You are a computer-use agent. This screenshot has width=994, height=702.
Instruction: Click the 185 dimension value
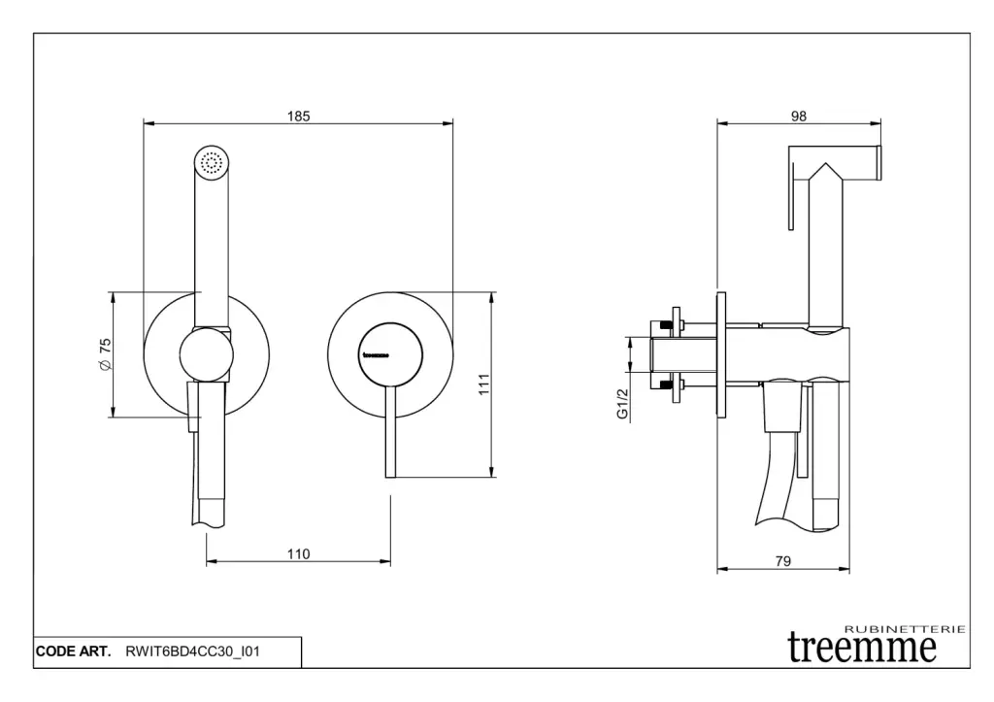(x=298, y=117)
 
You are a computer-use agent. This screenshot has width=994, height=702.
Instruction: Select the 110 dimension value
(x=298, y=554)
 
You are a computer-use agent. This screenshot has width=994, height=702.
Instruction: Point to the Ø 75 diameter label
(x=105, y=354)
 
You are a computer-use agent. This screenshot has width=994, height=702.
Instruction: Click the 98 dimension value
(x=799, y=117)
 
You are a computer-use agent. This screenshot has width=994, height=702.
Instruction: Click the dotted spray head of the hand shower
(x=212, y=162)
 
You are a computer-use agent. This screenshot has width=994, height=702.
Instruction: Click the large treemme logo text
(x=862, y=645)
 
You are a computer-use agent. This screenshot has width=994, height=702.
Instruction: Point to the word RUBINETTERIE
(x=906, y=629)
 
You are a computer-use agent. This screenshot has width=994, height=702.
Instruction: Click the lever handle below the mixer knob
(x=389, y=437)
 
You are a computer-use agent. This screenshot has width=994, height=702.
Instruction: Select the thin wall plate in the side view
(x=720, y=354)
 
